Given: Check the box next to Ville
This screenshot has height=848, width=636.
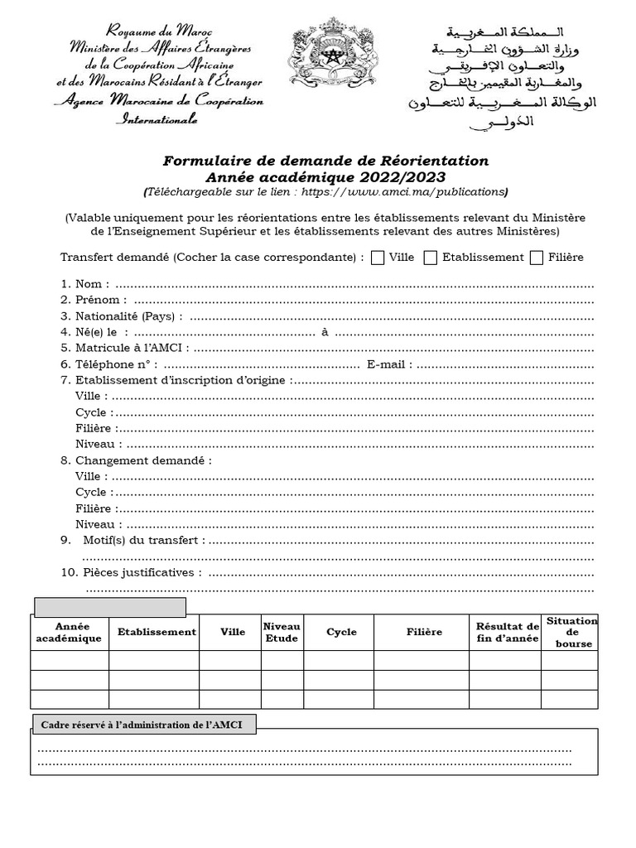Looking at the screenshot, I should click(378, 258).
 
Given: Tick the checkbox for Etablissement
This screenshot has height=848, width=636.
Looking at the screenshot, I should click(431, 258).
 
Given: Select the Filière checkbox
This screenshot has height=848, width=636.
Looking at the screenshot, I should click(537, 258).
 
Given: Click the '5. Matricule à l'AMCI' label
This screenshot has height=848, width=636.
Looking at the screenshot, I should click(124, 348).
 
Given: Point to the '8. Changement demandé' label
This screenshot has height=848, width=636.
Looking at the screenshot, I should click(136, 460).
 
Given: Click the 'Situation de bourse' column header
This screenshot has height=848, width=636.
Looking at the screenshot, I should click(571, 632).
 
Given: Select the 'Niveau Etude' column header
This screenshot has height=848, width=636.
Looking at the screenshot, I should click(282, 632).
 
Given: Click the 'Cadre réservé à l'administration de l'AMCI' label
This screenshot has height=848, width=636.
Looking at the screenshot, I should click(143, 725).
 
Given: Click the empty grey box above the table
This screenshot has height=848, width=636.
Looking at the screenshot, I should click(108, 607).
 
